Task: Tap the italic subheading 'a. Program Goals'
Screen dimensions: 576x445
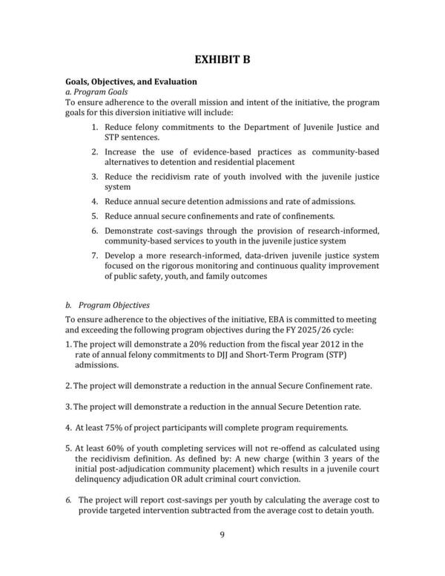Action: tap(96, 91)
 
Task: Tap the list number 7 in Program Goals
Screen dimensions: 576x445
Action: tap(95, 256)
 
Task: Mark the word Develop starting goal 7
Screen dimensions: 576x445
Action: tap(121, 256)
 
